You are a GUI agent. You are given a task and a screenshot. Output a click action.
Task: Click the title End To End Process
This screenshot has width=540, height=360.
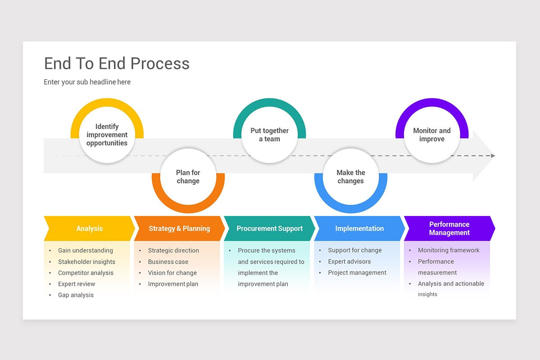click(x=117, y=63)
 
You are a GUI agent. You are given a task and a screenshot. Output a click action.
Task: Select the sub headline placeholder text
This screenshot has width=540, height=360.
click(x=87, y=82)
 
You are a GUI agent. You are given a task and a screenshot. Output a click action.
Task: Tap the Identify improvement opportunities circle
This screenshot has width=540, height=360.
click(x=107, y=135)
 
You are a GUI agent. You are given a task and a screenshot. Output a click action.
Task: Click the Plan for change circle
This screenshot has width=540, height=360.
click(x=188, y=177)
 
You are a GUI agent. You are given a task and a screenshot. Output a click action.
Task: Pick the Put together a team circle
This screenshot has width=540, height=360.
click(x=270, y=135)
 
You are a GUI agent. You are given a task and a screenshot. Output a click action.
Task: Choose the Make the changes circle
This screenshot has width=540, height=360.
click(x=351, y=177)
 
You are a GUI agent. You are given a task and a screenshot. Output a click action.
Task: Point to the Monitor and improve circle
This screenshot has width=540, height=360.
click(x=432, y=135)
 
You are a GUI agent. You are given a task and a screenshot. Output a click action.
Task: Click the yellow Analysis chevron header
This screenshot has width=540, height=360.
click(x=89, y=229)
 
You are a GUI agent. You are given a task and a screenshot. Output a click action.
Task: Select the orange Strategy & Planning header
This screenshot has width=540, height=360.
click(x=179, y=229)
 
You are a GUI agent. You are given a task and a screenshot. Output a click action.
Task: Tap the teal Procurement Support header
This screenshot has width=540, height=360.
click(x=270, y=229)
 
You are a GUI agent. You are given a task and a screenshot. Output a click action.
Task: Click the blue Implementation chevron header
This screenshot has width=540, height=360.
click(x=359, y=229)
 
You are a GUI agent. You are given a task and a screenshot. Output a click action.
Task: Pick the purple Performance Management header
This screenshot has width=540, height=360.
click(x=449, y=229)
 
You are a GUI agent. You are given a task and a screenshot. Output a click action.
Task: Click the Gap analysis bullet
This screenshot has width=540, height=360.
click(x=76, y=295)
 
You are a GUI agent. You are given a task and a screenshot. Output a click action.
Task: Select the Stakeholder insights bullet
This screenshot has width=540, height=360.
click(x=86, y=262)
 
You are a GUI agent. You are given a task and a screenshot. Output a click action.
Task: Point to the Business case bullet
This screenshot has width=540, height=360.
click(x=168, y=262)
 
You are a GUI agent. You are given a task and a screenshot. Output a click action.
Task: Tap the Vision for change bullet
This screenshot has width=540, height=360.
click(x=172, y=273)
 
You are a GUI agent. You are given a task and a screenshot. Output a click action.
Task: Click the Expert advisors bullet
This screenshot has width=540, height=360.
click(x=349, y=261)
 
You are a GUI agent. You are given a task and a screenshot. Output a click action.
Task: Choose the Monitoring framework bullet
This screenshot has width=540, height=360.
click(x=449, y=250)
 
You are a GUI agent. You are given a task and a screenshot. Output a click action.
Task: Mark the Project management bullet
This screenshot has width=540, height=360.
click(x=357, y=273)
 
